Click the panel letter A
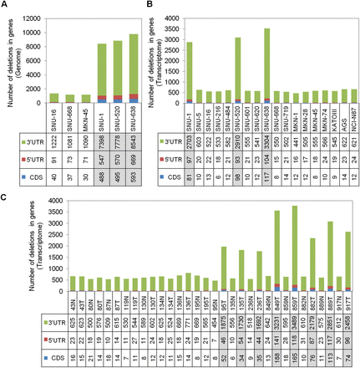pos(4,5)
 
